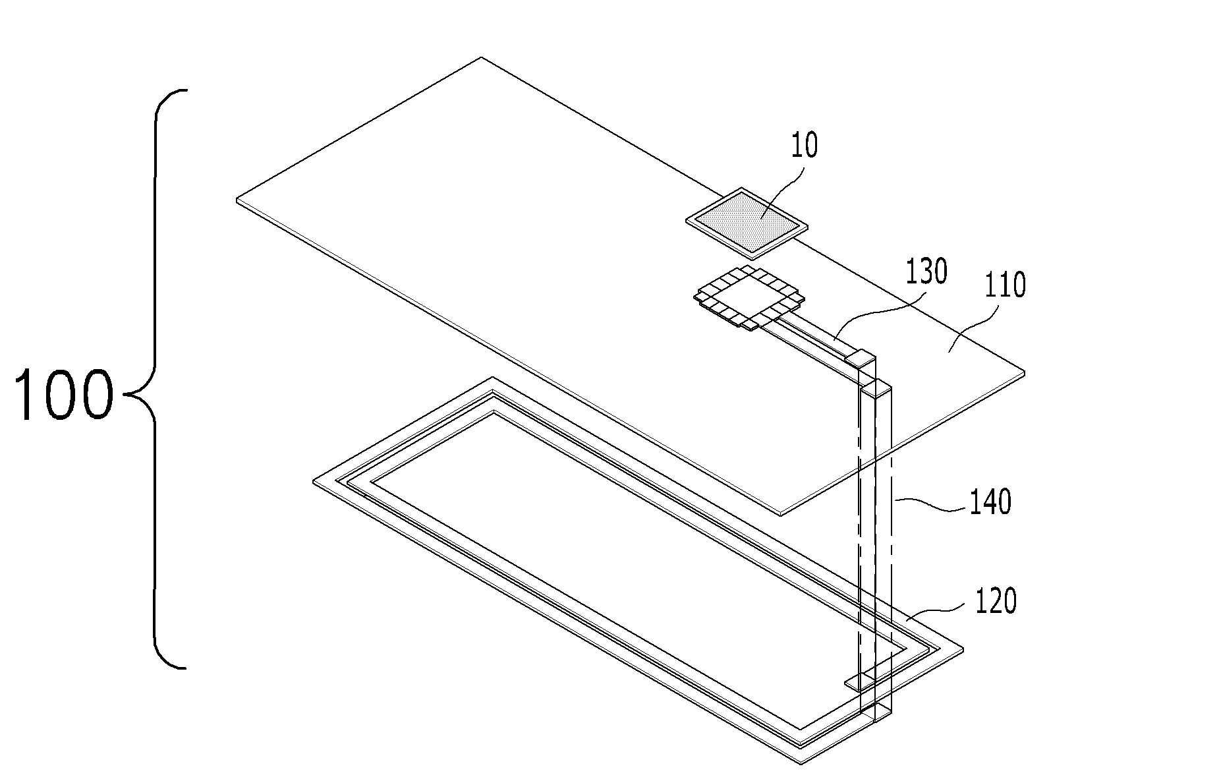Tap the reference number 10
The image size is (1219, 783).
click(804, 146)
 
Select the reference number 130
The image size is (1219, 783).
click(926, 272)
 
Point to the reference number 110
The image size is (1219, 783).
click(1005, 285)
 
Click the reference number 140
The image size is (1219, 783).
click(989, 502)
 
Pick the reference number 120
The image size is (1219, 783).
click(996, 601)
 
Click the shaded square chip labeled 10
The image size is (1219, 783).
click(747, 223)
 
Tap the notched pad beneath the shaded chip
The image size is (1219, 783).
click(749, 298)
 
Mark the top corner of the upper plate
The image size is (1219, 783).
click(482, 58)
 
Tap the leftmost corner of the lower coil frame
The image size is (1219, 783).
click(314, 482)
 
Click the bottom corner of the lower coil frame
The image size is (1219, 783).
click(801, 763)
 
